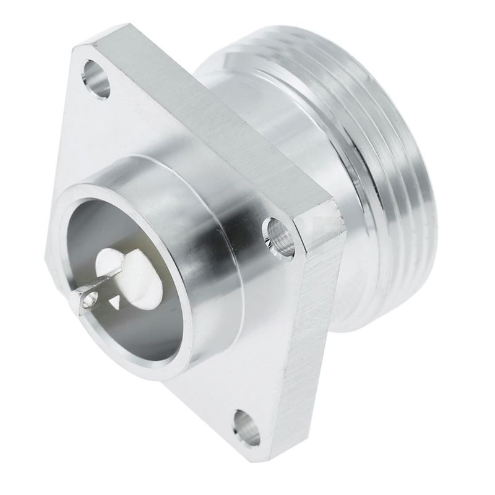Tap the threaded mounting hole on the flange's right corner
tap(277, 234)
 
